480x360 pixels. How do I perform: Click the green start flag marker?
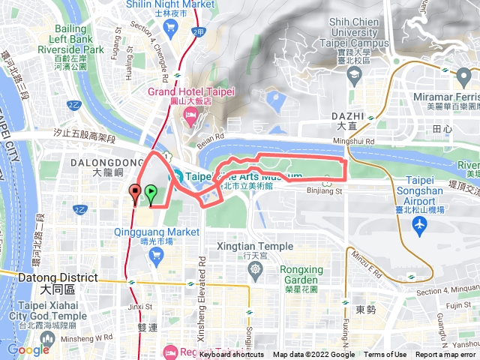point(151,193)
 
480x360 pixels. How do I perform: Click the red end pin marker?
point(135,192)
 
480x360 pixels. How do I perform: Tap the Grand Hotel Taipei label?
point(191,91)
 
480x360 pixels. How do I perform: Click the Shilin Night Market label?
point(170,4)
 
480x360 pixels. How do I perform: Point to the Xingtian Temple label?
point(255,246)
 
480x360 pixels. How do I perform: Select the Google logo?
point(28,349)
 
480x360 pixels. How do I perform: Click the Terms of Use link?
point(385,355)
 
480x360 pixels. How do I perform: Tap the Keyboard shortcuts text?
point(232,355)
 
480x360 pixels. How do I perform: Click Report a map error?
point(446,355)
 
